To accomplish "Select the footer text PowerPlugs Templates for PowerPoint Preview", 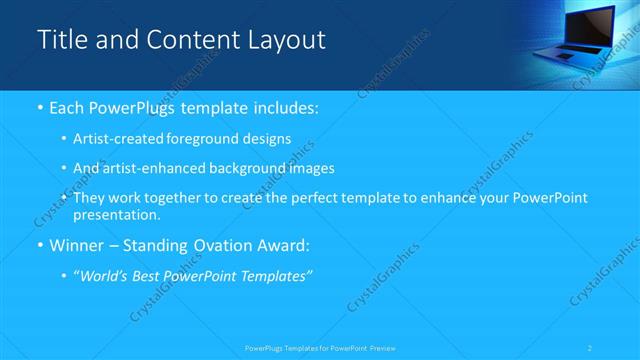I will [x=319, y=348].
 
